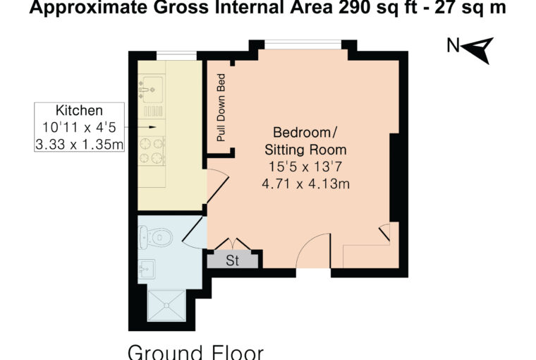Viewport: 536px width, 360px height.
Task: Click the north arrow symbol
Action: tap(479, 49)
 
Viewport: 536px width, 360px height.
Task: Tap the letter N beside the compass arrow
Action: tap(453, 46)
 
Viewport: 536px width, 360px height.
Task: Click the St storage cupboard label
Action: tap(233, 260)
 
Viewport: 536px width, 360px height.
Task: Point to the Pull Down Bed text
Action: tap(221, 107)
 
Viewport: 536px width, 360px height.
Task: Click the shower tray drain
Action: tap(166, 304)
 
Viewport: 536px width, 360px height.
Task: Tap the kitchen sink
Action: tap(152, 90)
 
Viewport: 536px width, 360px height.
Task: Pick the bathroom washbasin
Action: tap(147, 269)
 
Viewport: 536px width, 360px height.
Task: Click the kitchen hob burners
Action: tap(152, 150)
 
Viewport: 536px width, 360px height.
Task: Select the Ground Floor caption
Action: tap(196, 352)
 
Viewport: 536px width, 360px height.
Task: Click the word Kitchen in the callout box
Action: tap(79, 111)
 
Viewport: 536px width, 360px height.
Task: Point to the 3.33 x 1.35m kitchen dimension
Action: tap(79, 145)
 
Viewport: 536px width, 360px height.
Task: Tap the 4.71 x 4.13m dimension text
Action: tap(305, 184)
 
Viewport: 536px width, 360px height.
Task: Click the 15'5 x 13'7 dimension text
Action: tap(305, 167)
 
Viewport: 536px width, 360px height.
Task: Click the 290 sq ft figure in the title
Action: tap(377, 8)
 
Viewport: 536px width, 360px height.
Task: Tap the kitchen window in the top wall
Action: tap(176, 56)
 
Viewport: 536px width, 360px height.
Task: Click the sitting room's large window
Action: tap(303, 44)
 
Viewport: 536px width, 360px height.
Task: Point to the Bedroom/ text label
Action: tap(305, 132)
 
